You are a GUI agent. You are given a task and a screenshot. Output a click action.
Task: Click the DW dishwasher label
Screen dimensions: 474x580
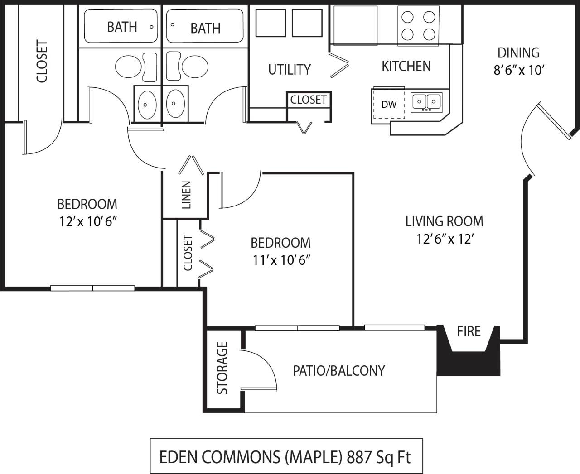point(388,105)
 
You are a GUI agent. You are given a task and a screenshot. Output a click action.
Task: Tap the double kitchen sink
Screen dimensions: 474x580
point(426,102)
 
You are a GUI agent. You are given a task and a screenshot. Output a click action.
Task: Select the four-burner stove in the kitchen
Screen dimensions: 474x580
point(418,25)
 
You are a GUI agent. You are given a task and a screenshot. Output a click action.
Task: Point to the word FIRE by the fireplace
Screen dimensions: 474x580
point(469,331)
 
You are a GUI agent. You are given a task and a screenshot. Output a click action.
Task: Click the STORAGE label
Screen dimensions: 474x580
point(222,368)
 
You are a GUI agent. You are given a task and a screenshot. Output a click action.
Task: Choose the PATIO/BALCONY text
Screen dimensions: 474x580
point(338,371)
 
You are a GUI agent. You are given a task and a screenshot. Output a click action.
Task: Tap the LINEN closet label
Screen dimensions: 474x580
point(186,195)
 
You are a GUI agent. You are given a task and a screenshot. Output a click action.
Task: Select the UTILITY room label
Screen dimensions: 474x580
point(289,70)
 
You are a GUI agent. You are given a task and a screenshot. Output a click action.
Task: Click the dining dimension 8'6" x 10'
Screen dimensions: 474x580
point(518,71)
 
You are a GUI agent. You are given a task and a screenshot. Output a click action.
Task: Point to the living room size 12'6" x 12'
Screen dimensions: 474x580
point(445,239)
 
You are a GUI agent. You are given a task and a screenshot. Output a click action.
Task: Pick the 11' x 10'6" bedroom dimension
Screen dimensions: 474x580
point(281,260)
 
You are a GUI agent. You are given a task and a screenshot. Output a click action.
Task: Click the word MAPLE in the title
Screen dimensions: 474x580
point(313,457)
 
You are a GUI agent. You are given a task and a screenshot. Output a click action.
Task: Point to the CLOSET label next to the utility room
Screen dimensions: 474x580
point(308,100)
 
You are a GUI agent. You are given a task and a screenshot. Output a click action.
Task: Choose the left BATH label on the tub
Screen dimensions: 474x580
point(122,27)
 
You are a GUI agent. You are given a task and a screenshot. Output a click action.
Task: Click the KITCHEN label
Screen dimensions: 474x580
point(406,66)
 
